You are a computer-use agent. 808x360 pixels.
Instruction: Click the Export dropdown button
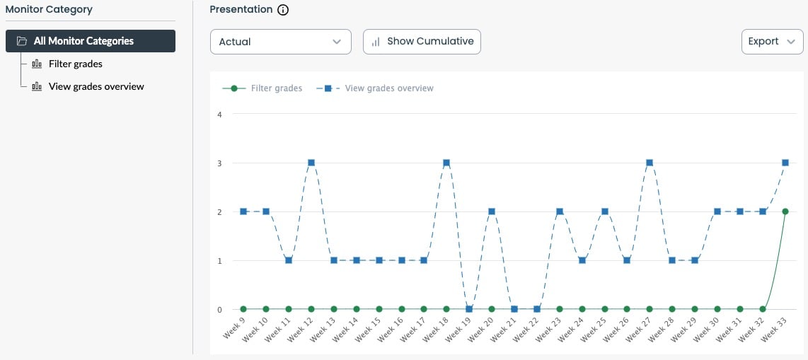[x=772, y=42]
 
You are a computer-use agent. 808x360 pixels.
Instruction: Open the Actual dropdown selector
[x=280, y=42]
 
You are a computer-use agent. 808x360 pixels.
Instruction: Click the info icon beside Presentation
[x=283, y=10]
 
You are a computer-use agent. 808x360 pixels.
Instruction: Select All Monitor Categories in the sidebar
[x=91, y=41]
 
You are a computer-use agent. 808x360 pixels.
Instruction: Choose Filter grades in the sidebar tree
[x=75, y=64]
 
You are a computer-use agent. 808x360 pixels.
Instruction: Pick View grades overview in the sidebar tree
[x=96, y=86]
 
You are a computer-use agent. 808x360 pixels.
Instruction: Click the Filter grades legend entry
[x=262, y=88]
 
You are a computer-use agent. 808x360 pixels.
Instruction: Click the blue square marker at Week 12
[x=311, y=163]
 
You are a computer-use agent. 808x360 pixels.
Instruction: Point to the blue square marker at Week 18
[x=446, y=163]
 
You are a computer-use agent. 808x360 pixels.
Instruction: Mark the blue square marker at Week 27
[x=650, y=163]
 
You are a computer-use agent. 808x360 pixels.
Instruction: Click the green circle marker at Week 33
[x=785, y=211]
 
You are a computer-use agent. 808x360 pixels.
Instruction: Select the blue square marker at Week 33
[x=785, y=163]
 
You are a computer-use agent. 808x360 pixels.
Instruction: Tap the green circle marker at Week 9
[x=243, y=309]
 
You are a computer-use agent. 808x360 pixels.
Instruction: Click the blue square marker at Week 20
[x=492, y=211]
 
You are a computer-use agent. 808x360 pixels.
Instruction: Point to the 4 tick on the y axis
[x=219, y=115]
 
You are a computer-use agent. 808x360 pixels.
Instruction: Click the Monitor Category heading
[x=49, y=10]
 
